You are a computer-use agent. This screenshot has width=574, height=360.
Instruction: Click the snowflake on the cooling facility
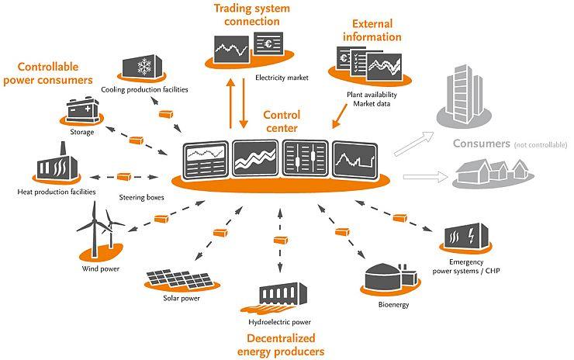(144, 67)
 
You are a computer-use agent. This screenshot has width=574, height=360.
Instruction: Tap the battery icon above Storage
(83, 109)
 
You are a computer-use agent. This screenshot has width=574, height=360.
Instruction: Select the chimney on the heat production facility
(63, 149)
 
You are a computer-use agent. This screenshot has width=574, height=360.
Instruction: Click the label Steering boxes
(141, 197)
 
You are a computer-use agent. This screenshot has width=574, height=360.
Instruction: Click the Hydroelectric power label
(279, 322)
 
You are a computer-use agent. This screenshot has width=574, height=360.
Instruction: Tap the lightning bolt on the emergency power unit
(471, 236)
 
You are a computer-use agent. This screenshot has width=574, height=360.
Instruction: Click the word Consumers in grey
(482, 144)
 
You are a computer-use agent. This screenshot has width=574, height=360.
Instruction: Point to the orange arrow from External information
(340, 116)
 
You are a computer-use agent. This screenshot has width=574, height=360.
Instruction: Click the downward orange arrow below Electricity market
(244, 103)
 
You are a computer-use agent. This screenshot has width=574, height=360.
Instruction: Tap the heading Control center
(282, 122)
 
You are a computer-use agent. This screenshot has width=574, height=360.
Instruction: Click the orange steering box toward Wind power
(161, 219)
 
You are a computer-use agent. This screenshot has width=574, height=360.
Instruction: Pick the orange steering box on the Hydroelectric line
(281, 241)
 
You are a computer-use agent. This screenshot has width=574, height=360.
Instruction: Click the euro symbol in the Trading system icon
(268, 44)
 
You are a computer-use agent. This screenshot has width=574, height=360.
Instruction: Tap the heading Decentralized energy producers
(281, 344)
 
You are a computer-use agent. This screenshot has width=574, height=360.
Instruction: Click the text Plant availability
(372, 95)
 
